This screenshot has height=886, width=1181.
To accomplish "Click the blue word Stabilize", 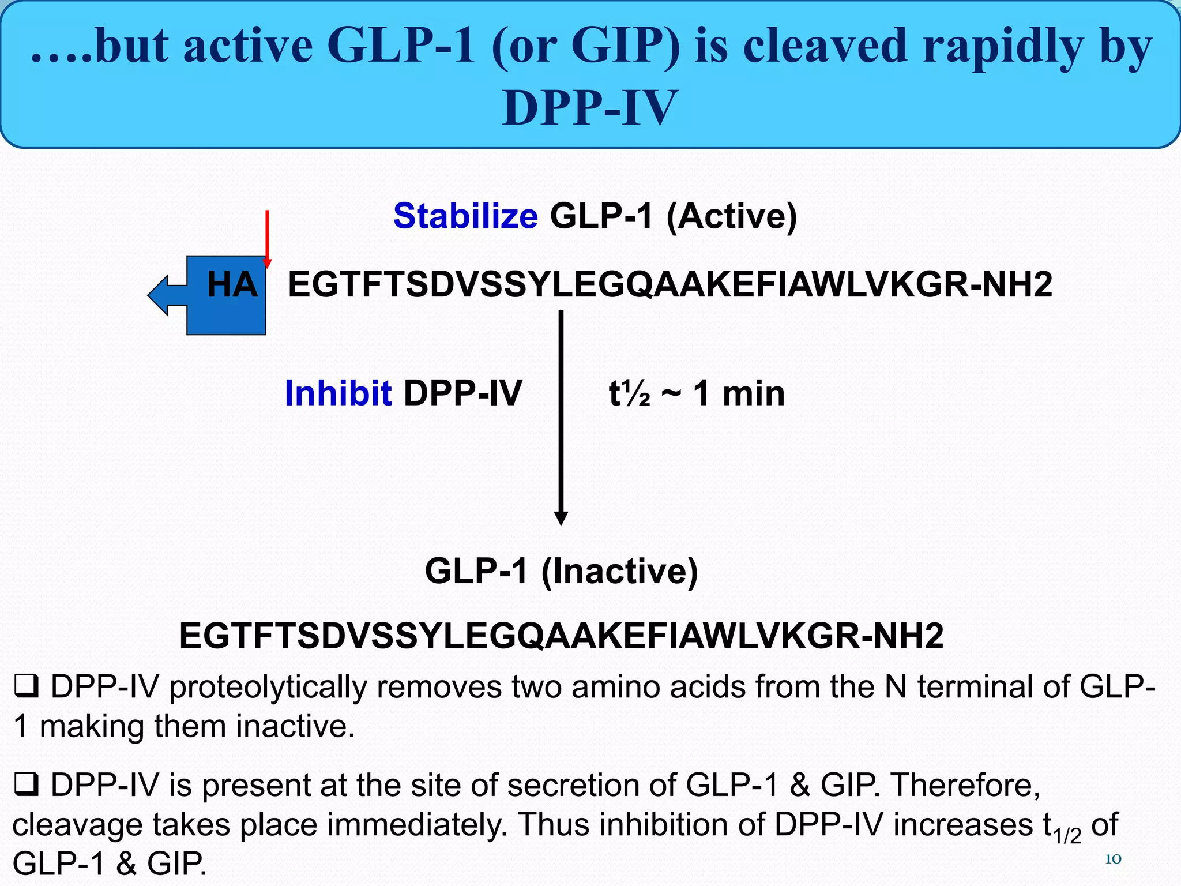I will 465,216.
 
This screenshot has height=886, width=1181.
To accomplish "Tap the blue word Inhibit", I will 338,393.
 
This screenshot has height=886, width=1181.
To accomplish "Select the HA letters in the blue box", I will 232,285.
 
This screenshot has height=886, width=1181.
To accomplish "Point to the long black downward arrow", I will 561,415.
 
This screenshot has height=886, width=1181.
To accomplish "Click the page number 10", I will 1112,859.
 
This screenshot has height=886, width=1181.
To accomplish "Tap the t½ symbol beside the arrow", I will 629,394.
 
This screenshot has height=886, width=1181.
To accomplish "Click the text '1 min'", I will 739,394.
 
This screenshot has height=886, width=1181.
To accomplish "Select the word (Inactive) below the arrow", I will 619,571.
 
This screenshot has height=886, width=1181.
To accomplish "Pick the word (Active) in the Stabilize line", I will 731,216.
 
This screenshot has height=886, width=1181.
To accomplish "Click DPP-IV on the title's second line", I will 589,108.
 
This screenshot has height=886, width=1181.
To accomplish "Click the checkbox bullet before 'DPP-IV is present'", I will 26,786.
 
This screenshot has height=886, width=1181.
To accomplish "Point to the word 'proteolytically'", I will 268,688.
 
